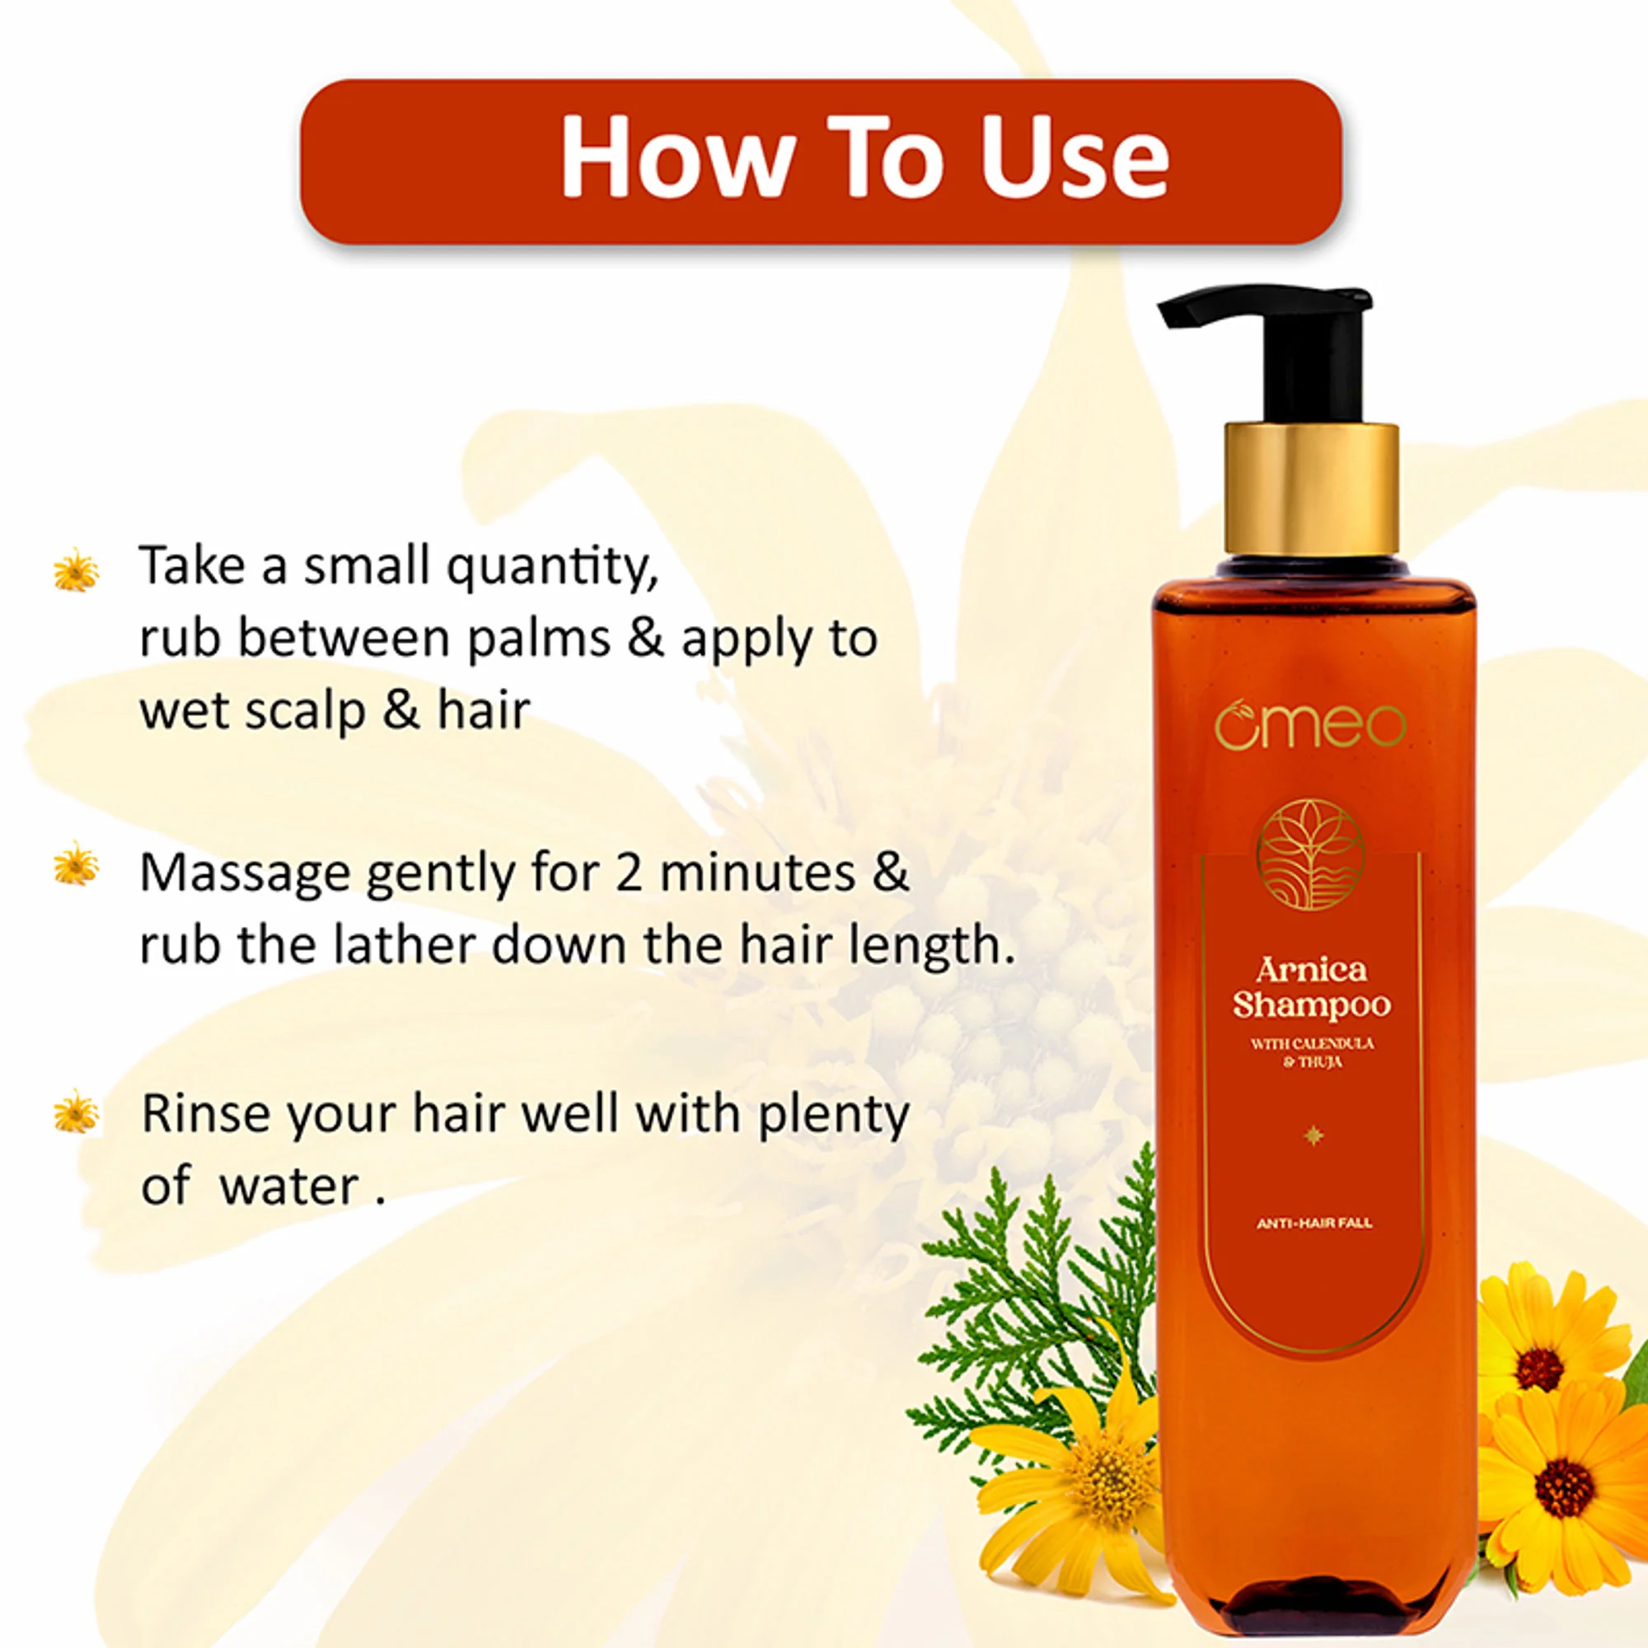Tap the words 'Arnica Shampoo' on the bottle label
tap(1312, 989)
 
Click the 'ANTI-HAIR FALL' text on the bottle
tap(1314, 1223)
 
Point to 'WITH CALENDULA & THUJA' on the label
tap(1313, 1052)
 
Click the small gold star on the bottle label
tap(1313, 1135)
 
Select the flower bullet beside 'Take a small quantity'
tap(76, 570)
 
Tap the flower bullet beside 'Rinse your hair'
tap(76, 1112)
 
